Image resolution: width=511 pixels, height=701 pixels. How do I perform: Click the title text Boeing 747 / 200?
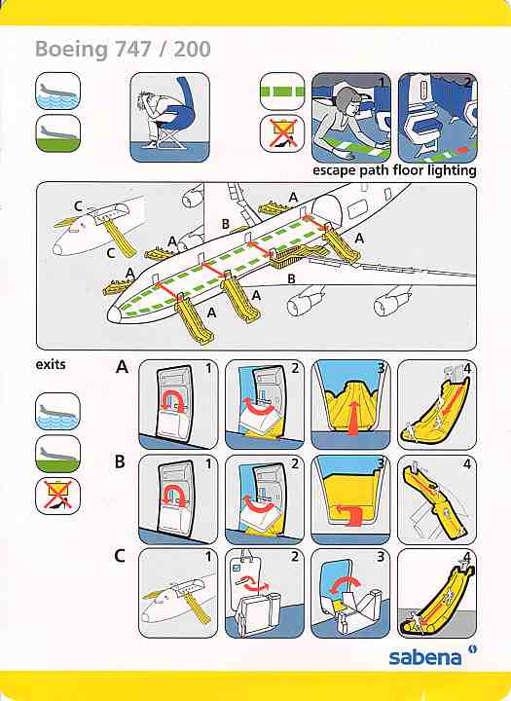click(x=123, y=50)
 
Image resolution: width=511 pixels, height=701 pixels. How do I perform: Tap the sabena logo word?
click(x=424, y=657)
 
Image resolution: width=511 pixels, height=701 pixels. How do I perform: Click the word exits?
click(x=51, y=365)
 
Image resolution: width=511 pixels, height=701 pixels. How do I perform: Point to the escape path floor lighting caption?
click(x=394, y=170)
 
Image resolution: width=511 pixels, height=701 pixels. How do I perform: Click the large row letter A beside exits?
click(x=122, y=367)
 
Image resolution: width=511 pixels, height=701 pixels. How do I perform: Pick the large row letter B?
click(x=120, y=461)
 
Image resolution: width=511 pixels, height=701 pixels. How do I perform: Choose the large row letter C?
click(x=120, y=556)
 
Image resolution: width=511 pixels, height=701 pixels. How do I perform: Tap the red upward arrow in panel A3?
click(x=353, y=418)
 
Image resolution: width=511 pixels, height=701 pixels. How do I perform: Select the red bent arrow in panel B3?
click(x=350, y=514)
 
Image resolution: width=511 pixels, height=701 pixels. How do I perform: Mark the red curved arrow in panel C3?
click(x=346, y=580)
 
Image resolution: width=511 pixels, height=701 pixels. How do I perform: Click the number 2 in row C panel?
click(x=295, y=557)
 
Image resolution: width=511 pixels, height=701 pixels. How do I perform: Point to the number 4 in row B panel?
click(x=467, y=464)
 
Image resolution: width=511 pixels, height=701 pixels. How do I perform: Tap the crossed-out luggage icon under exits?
click(x=58, y=497)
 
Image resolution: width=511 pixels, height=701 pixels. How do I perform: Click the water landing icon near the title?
click(x=58, y=92)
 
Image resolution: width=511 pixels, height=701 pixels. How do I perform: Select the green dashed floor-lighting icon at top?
click(x=282, y=92)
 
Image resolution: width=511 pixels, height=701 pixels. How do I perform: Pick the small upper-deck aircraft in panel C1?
click(x=176, y=598)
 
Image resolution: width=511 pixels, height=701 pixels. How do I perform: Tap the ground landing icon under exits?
click(x=58, y=455)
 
